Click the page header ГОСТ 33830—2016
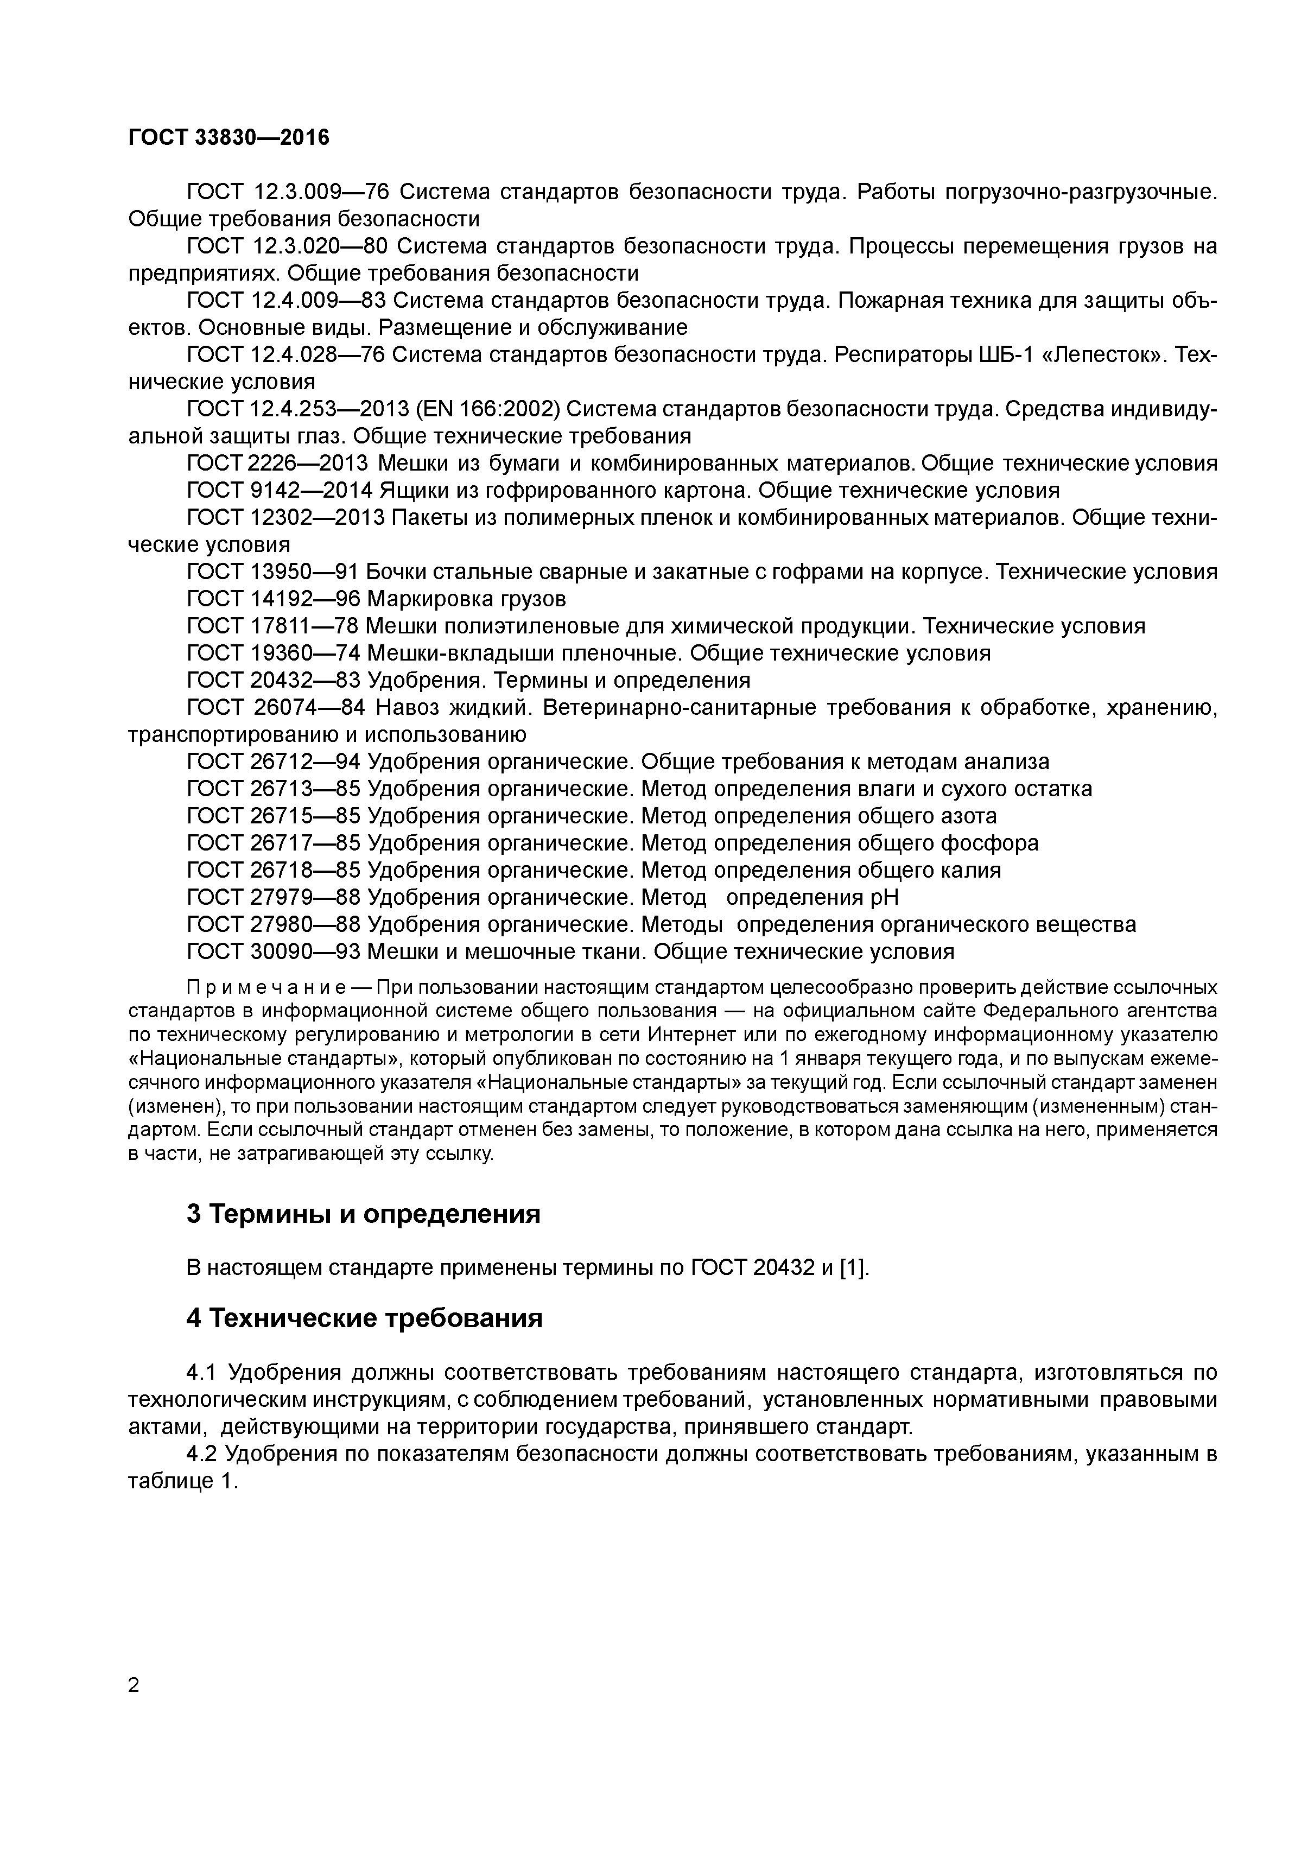tap(229, 138)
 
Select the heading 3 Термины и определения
tap(363, 1214)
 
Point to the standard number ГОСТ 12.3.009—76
tap(288, 192)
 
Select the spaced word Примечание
tap(267, 988)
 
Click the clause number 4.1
tap(202, 1372)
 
